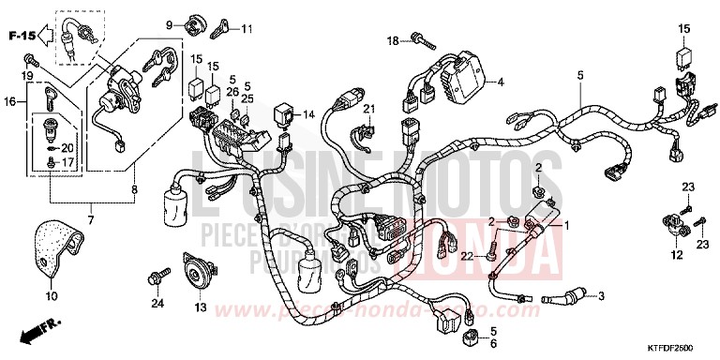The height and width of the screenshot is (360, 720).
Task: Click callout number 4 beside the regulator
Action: [x=501, y=82]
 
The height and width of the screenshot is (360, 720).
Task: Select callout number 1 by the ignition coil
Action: [x=566, y=225]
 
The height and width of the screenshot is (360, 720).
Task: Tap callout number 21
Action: [x=369, y=111]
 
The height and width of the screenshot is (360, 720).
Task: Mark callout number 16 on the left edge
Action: [x=10, y=101]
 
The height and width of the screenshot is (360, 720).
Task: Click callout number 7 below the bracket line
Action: [x=91, y=219]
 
